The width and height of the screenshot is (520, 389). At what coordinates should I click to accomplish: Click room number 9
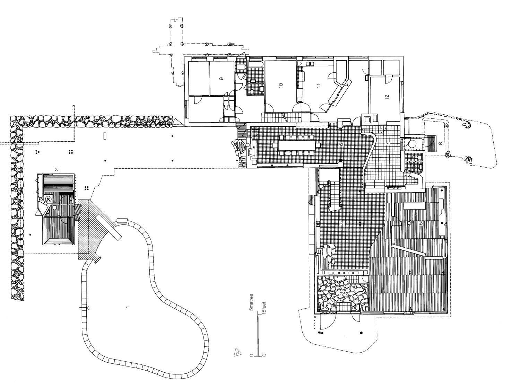pos(221,79)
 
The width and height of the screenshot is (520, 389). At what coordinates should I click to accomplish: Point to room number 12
pos(387,97)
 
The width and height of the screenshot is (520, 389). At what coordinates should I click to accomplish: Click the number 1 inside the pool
pos(128,307)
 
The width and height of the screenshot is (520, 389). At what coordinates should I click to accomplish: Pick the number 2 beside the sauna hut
pos(57,169)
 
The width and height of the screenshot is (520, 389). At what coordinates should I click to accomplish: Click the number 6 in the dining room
pos(341,144)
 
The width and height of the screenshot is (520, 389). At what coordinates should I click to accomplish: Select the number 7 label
pos(388,144)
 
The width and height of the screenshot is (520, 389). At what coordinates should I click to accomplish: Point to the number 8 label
pos(440,143)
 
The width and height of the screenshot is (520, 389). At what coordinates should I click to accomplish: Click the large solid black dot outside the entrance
pos(361,333)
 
